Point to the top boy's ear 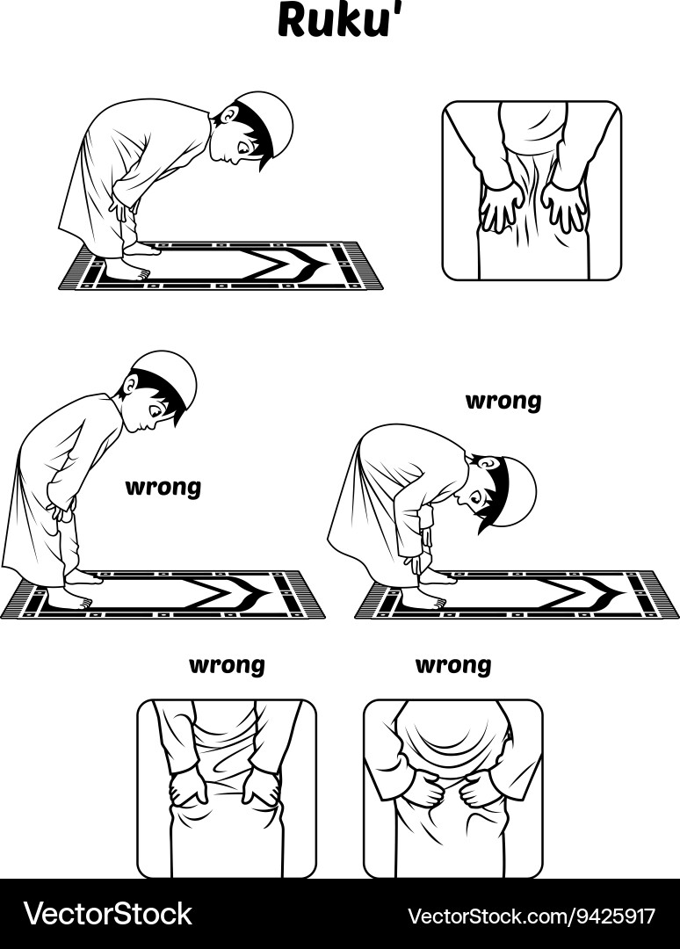(x=230, y=115)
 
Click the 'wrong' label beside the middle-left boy (x=163, y=487)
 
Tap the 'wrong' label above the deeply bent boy (x=503, y=402)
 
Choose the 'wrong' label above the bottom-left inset (x=227, y=665)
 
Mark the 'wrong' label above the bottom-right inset (x=452, y=665)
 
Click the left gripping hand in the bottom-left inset (x=188, y=786)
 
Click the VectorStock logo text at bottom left (x=107, y=914)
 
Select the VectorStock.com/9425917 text (x=532, y=915)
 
